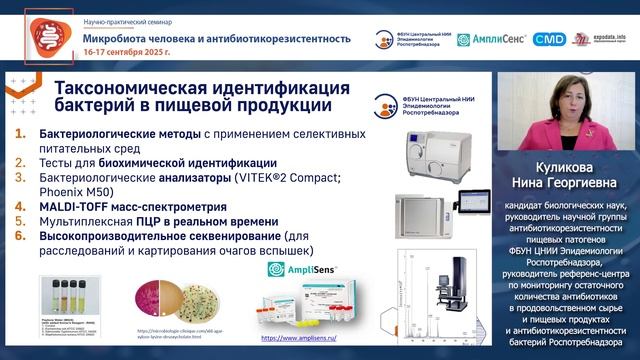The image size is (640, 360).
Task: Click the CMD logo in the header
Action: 549,40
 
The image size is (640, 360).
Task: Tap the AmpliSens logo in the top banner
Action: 491,40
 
